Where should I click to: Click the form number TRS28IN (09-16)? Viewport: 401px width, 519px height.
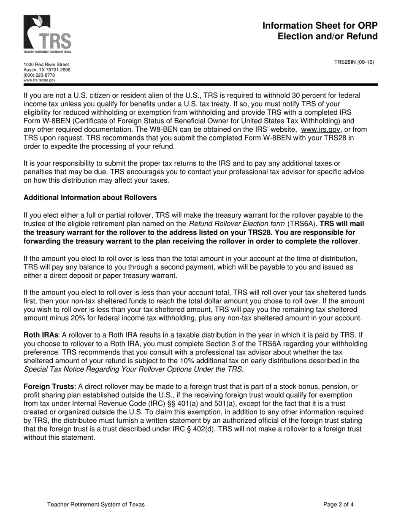pyautogui.click(x=354, y=62)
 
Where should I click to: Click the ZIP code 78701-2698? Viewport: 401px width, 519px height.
pyautogui.click(x=59, y=70)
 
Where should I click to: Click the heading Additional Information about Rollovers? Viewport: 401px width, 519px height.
pyautogui.click(x=90, y=197)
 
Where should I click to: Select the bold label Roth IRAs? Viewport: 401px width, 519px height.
pyautogui.click(x=41, y=335)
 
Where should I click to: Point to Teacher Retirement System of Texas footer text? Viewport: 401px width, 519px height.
pyautogui.click(x=96, y=504)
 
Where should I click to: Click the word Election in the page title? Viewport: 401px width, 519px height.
pyautogui.click(x=295, y=36)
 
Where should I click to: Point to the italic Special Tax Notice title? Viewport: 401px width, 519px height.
pyautogui.click(x=133, y=369)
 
